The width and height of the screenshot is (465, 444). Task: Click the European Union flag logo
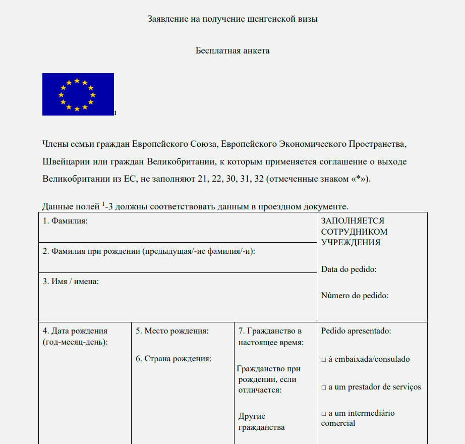[x=78, y=94]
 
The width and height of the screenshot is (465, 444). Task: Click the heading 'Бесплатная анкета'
[x=233, y=50]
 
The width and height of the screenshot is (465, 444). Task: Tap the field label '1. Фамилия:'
[x=65, y=221]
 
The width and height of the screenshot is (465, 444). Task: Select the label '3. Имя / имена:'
[x=71, y=282]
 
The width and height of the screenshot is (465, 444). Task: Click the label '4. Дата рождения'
[x=75, y=331]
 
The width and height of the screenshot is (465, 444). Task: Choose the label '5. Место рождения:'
[x=172, y=331]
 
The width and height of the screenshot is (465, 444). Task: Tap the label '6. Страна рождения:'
[x=173, y=359]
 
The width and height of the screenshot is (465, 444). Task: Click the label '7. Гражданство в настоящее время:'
[x=270, y=337]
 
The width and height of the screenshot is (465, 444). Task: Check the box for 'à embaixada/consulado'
[x=323, y=360]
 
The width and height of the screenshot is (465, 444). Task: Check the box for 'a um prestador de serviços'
[x=323, y=387]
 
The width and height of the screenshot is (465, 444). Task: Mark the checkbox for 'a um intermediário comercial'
[x=323, y=414]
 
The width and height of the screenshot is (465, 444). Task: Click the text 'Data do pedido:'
[x=348, y=269]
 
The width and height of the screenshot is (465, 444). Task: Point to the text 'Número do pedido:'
[x=355, y=296]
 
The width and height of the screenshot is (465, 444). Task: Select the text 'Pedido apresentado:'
[x=356, y=331]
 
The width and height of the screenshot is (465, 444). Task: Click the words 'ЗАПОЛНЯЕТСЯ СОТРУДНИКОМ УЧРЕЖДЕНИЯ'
[x=354, y=232]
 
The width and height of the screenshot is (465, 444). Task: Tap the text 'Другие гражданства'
[x=261, y=422]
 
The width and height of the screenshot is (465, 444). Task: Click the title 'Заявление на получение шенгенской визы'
[x=233, y=19]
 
